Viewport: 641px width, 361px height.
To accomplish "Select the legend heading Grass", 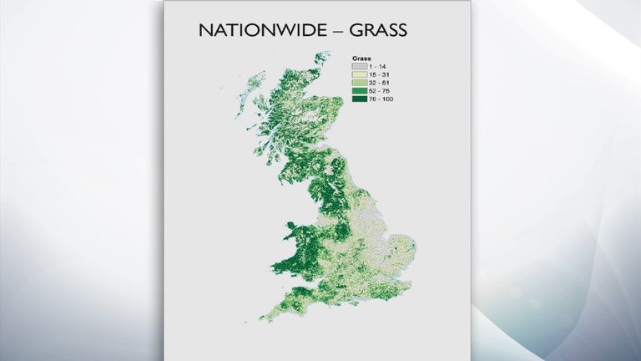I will [361, 58].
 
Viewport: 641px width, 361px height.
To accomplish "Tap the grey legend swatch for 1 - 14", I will [359, 65].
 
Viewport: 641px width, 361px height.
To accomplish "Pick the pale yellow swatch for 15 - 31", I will [359, 74].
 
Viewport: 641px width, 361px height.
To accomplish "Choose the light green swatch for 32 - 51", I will [359, 82].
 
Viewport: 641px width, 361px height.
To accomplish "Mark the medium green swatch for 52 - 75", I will [359, 90].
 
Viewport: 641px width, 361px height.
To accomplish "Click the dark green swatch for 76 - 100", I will [359, 99].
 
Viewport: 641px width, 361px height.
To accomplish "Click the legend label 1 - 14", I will [380, 65].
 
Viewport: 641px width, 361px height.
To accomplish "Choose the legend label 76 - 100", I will [383, 99].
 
